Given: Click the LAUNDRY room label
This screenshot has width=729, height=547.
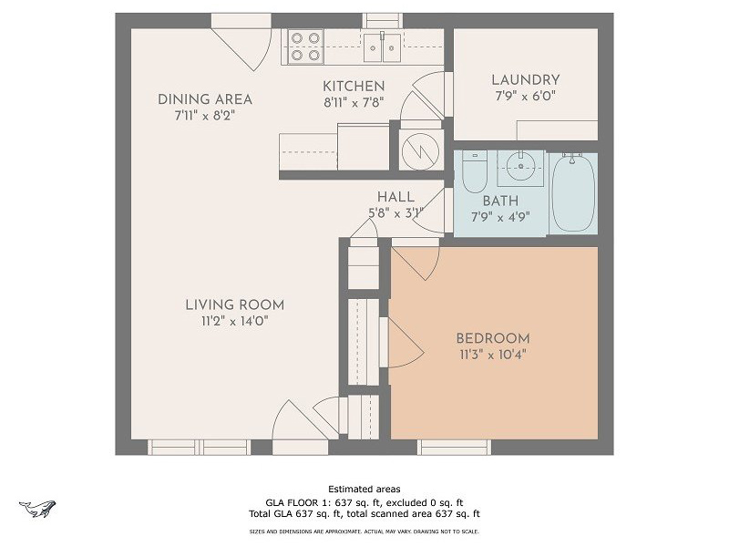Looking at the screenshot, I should click(x=525, y=80).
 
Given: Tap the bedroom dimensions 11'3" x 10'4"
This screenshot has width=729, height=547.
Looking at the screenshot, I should click(x=492, y=355).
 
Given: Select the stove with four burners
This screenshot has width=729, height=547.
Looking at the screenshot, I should click(x=305, y=46).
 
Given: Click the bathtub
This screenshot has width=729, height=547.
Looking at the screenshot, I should click(x=573, y=193).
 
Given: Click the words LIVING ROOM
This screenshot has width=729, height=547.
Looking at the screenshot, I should click(x=234, y=305).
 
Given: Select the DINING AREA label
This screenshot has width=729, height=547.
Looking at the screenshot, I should click(x=205, y=99).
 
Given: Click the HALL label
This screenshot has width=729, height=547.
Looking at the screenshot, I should click(x=395, y=197).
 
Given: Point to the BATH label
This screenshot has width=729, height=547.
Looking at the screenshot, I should click(x=500, y=201).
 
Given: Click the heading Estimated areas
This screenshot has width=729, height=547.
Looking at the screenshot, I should click(x=364, y=490).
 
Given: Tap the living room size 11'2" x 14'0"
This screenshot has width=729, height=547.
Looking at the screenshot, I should click(x=234, y=321).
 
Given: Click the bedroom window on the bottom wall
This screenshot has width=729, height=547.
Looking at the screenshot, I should click(x=454, y=447).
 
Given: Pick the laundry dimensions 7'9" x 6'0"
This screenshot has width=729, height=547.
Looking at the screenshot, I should click(x=525, y=95).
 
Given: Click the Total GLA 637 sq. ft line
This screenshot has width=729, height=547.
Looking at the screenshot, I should click(x=364, y=513).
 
